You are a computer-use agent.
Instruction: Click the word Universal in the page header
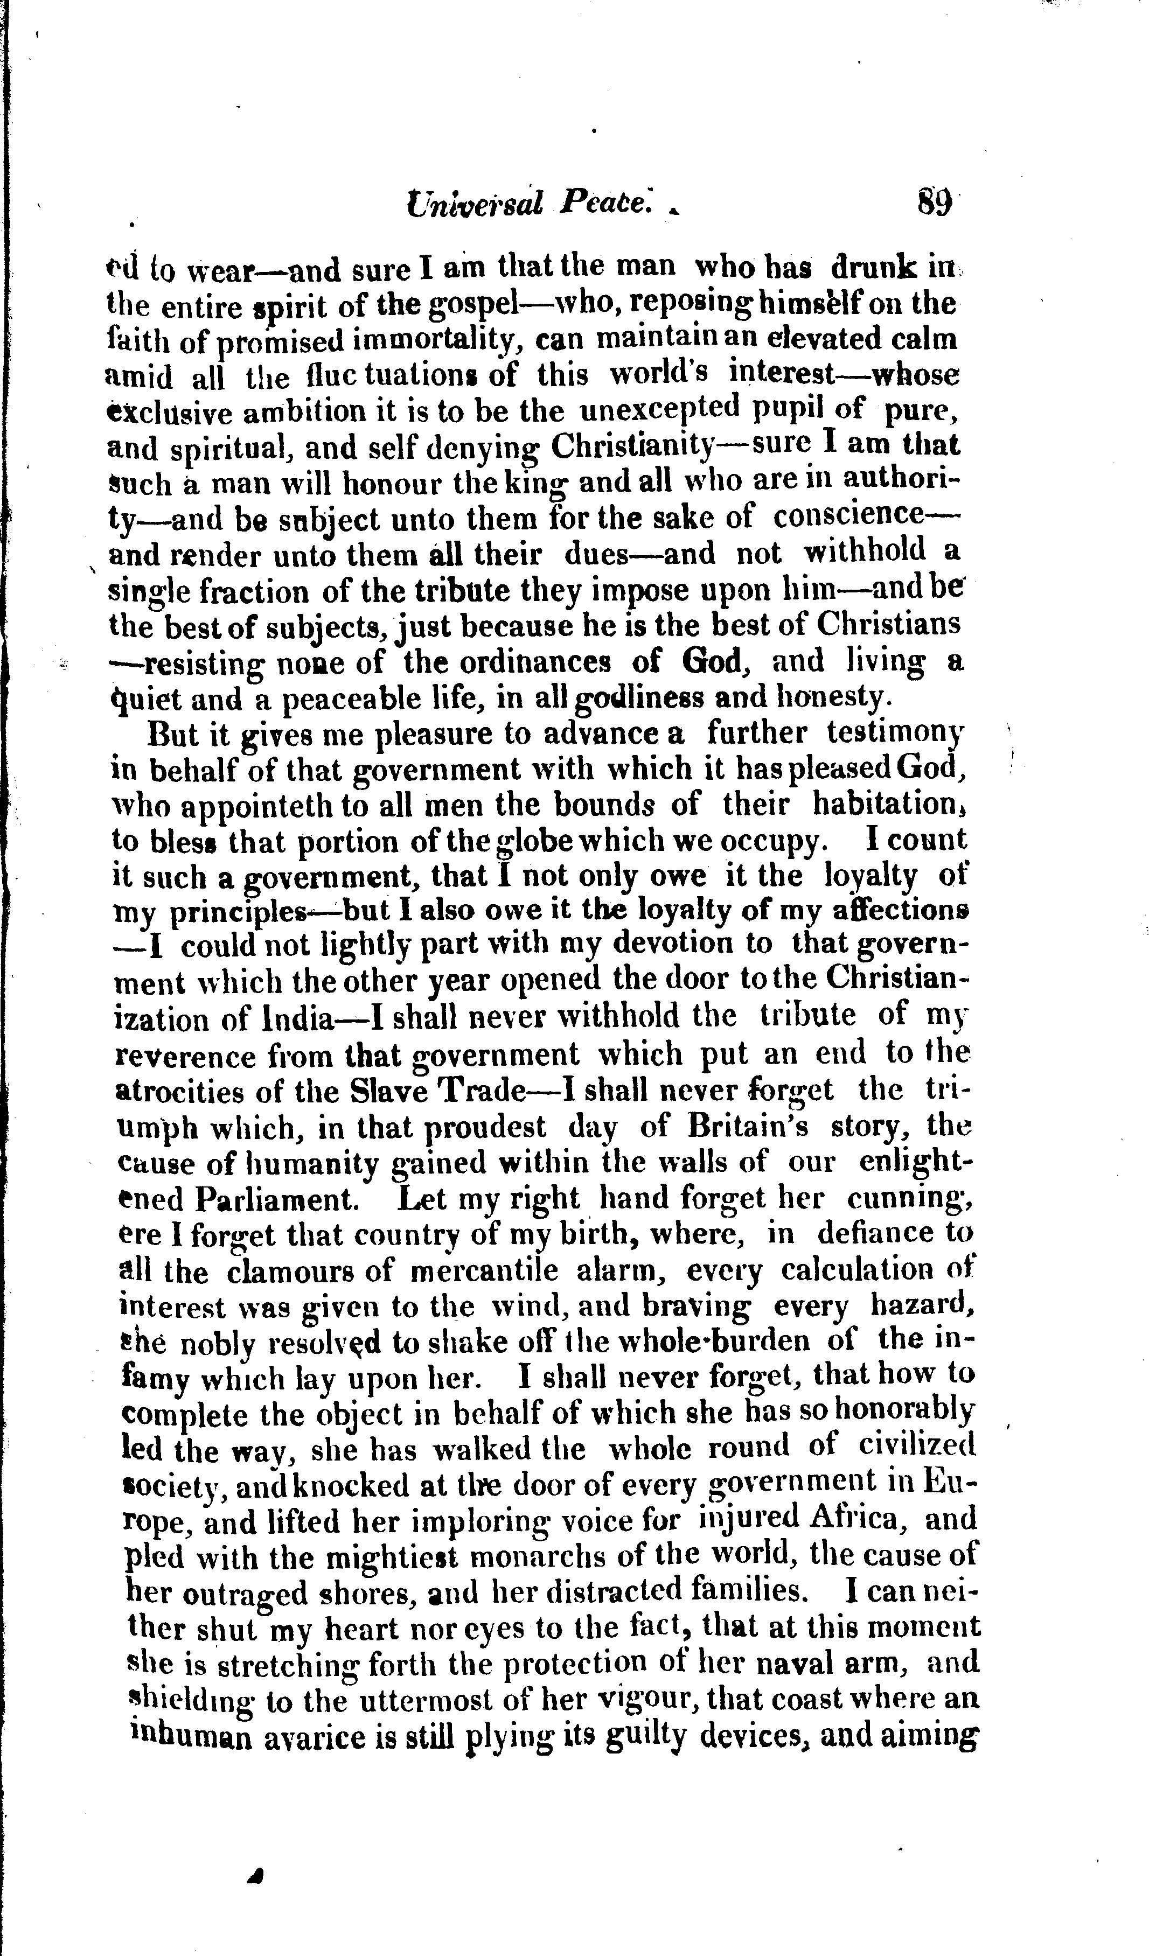coord(475,204)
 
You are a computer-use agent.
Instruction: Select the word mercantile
coord(483,1272)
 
